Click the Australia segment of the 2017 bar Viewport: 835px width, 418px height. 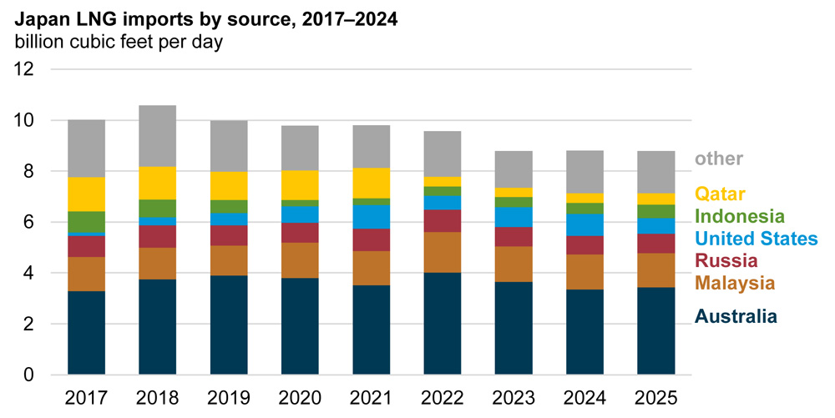tap(87, 332)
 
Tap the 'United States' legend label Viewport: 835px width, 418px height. tap(756, 239)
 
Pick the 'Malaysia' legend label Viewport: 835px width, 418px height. tap(734, 284)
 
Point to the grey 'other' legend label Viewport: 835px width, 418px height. tap(718, 159)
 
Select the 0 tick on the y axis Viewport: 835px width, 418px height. tap(29, 375)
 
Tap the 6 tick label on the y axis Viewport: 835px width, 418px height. tap(29, 222)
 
